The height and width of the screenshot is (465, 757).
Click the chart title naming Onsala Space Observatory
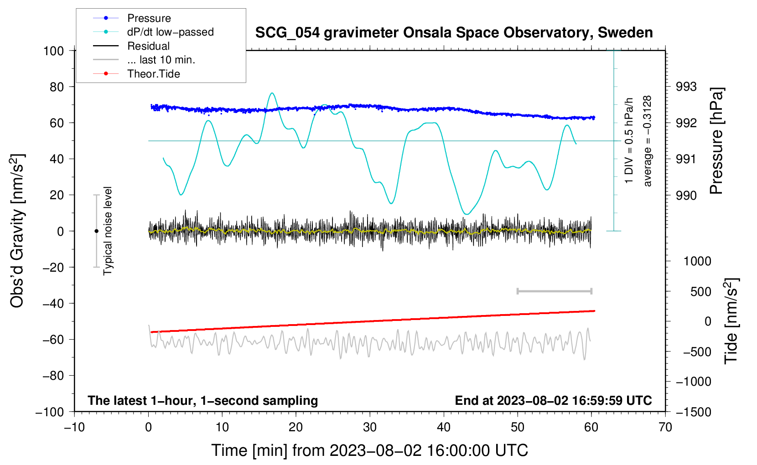454,33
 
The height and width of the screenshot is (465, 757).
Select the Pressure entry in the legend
149,18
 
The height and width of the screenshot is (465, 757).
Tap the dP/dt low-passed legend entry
170,32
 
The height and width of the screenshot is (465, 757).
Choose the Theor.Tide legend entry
153,74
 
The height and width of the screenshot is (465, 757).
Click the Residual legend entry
148,46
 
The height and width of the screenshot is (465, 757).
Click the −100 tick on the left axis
50,412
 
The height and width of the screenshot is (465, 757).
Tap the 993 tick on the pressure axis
686,87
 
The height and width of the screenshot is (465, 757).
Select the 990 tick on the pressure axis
686,196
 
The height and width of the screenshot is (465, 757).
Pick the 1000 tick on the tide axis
697,261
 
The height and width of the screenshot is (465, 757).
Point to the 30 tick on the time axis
370,427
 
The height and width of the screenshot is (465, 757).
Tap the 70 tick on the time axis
665,427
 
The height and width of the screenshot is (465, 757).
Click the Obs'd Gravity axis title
17,231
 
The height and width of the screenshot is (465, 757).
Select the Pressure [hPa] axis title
717,141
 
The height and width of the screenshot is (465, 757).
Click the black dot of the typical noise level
96,231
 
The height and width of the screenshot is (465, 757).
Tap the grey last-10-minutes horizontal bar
555,291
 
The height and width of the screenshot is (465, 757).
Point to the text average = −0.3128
648,141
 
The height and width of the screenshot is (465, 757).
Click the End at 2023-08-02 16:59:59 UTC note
553,401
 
